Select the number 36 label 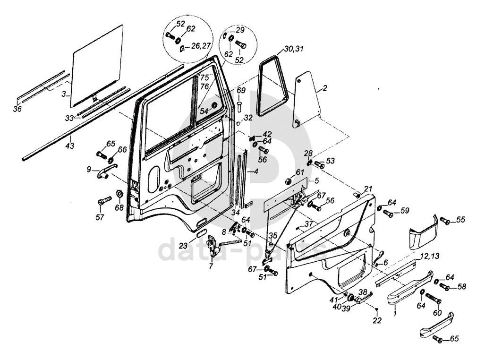click(17, 110)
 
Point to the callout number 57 click(100, 217)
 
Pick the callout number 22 click(376, 321)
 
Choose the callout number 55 click(460, 220)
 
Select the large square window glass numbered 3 click(97, 66)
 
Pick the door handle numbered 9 click(105, 172)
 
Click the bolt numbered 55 click(444, 220)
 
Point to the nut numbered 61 click(287, 181)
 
